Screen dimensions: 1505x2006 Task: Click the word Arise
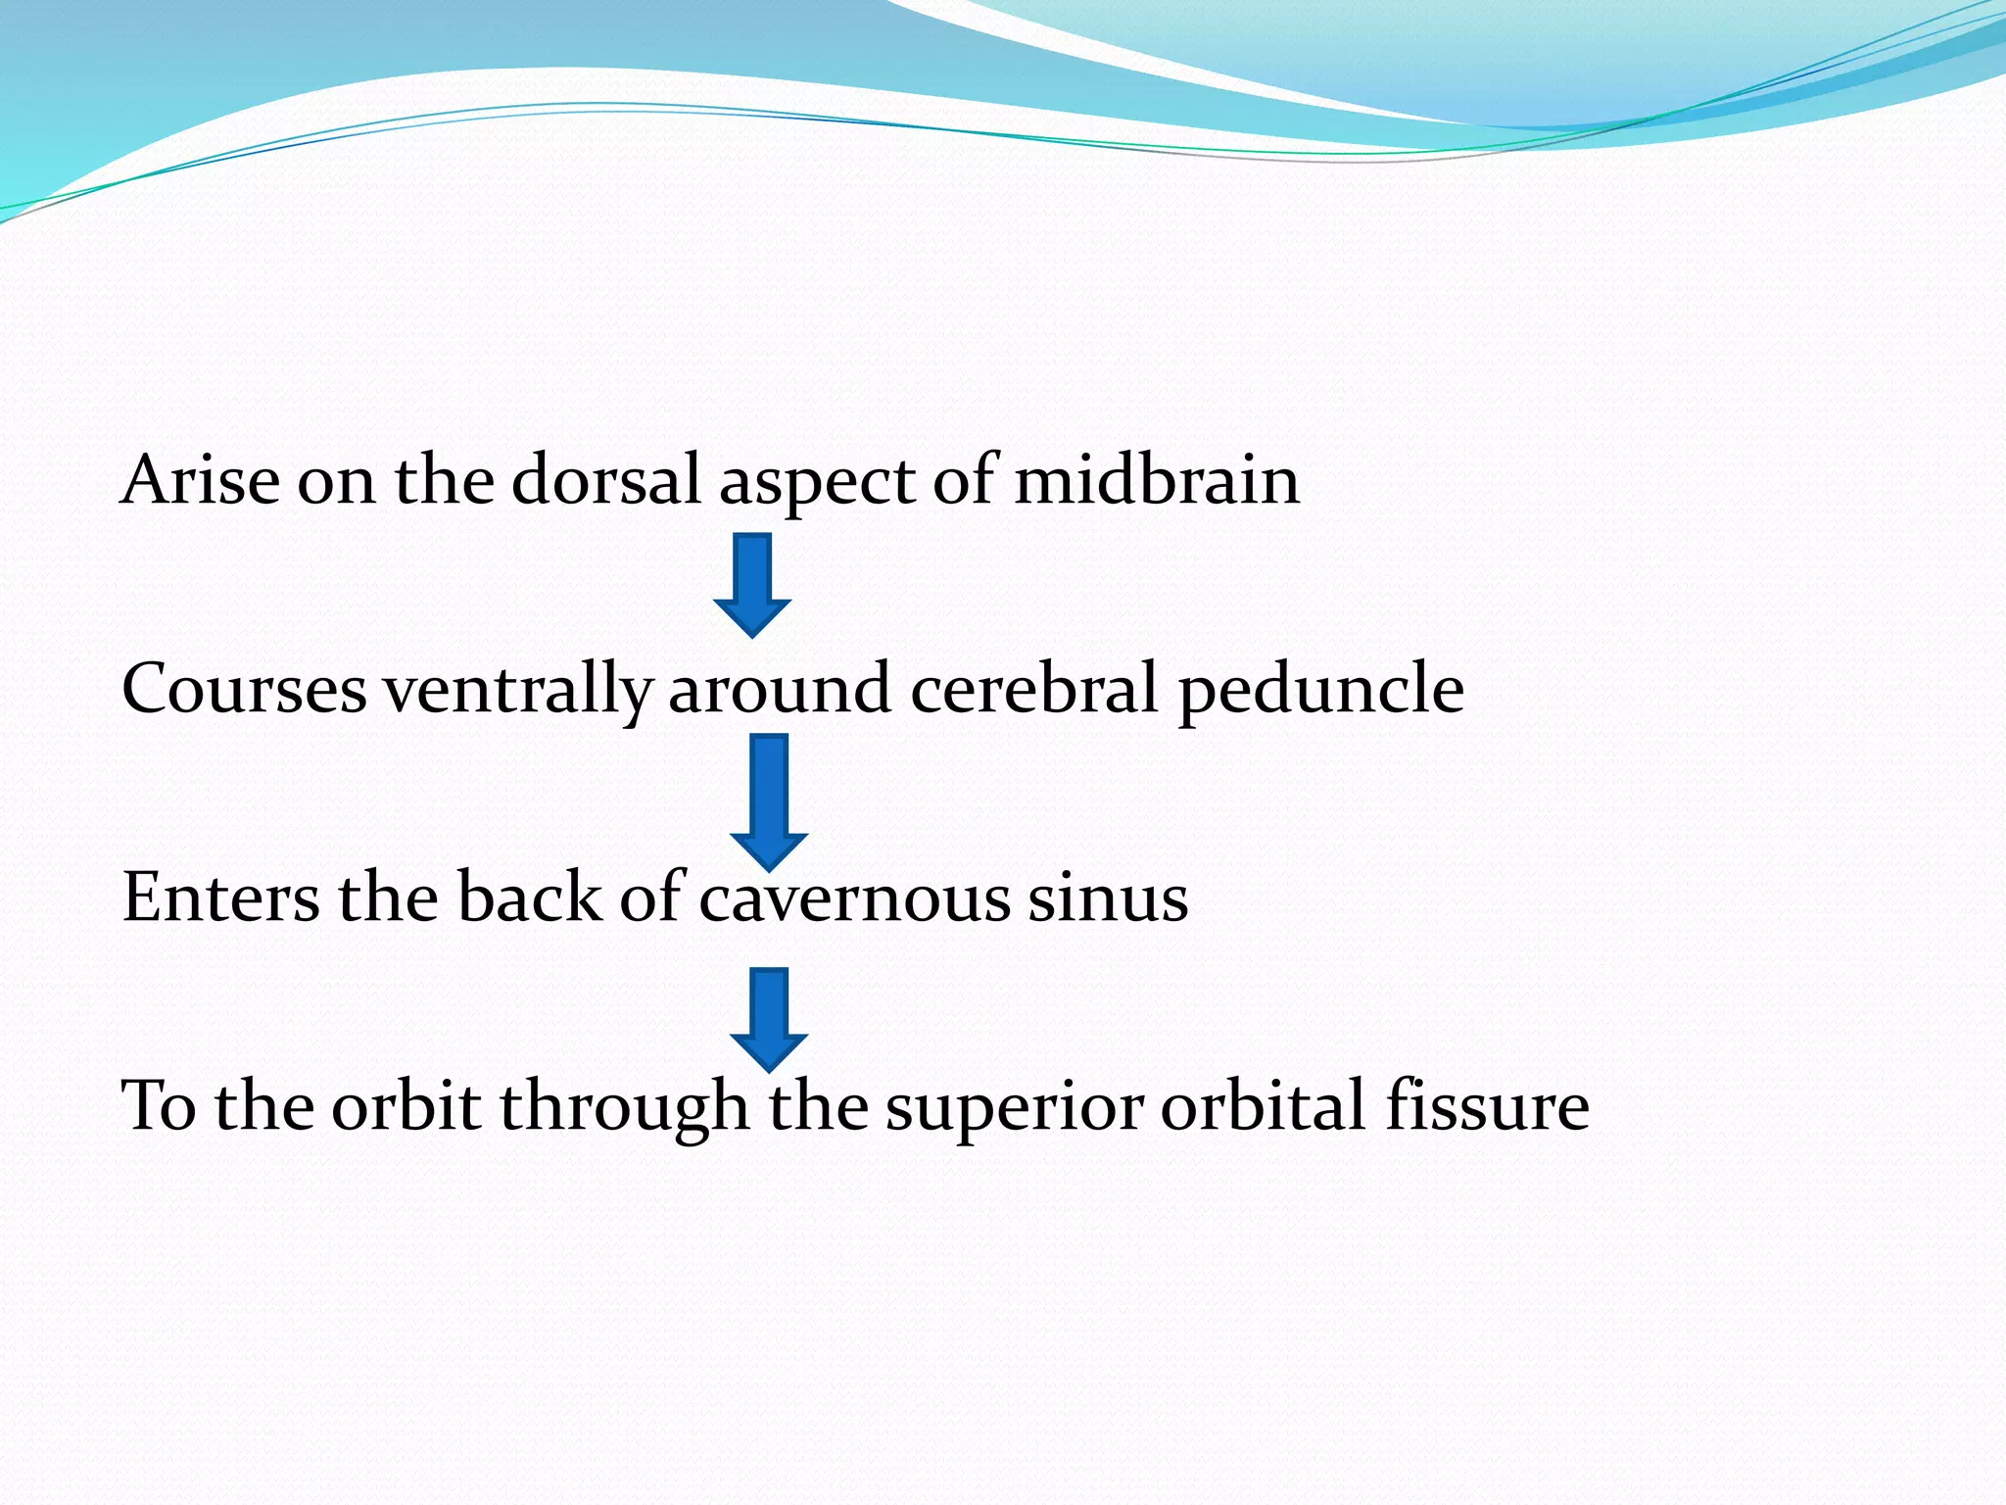coord(200,480)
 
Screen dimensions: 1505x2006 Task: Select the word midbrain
coord(1156,480)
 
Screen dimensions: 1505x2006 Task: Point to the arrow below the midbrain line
coord(752,585)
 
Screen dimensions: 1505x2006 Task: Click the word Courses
coord(244,688)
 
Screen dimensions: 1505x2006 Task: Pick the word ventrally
coord(517,690)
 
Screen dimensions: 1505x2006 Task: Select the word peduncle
coord(1320,692)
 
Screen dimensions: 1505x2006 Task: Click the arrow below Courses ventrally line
coord(769,801)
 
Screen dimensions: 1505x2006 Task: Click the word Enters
coord(220,897)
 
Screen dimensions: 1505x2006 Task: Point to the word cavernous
coord(853,898)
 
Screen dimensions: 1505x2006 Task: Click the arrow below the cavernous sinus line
coord(769,1019)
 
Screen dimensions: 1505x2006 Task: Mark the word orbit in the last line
coord(406,1105)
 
